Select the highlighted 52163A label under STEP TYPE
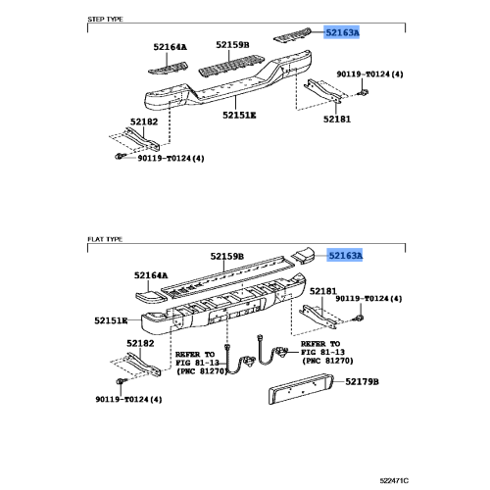point(343,32)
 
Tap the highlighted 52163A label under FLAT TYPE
point(345,256)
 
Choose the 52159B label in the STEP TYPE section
point(233,45)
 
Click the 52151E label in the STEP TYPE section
point(238,115)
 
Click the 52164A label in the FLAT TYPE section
point(151,276)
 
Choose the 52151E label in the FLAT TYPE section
point(111,320)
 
